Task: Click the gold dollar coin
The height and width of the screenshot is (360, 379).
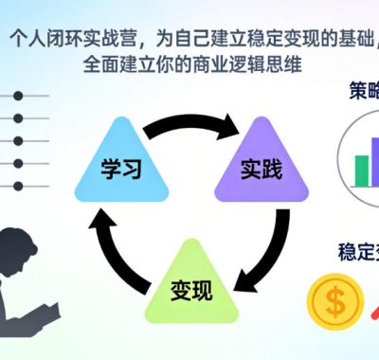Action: pyautogui.click(x=333, y=300)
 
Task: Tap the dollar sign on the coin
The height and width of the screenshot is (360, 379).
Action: pyautogui.click(x=333, y=300)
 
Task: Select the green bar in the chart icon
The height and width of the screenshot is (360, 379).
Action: pyautogui.click(x=361, y=170)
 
